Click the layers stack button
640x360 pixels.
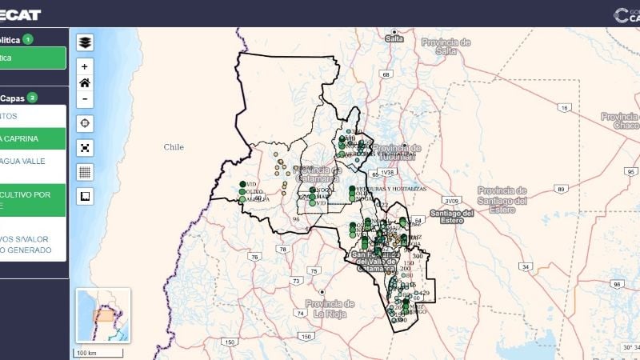click(85, 42)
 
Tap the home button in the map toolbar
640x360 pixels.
click(85, 82)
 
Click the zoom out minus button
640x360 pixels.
click(85, 99)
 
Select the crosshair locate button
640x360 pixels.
click(85, 123)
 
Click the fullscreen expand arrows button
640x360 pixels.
click(85, 147)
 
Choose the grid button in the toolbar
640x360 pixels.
click(85, 171)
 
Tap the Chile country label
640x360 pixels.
click(174, 147)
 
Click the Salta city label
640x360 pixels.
click(394, 38)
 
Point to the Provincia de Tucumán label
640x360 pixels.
click(396, 152)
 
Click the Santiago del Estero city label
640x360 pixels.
click(452, 217)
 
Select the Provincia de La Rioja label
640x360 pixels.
click(329, 308)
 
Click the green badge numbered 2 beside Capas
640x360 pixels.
click(32, 98)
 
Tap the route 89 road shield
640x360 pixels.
click(561, 189)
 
